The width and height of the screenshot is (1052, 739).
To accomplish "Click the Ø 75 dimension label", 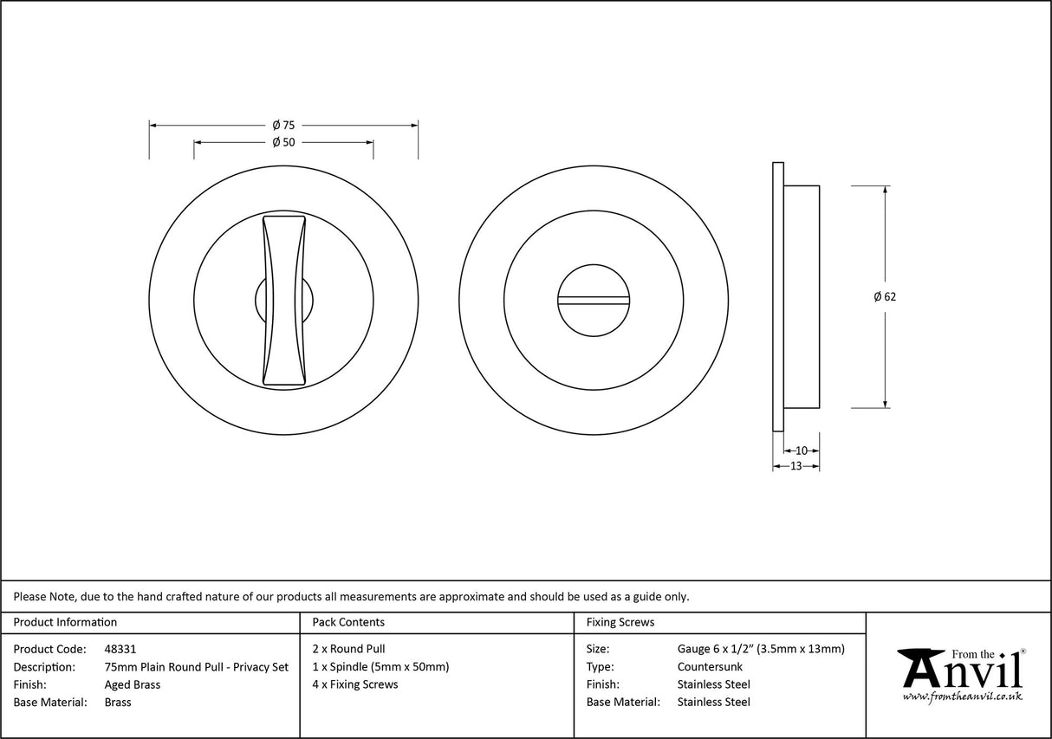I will point(283,125).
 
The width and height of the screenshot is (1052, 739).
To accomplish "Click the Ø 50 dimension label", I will point(283,142).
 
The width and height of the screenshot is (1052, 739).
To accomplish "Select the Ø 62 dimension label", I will point(885,296).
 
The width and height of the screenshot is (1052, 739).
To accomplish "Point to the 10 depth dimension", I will point(801,451).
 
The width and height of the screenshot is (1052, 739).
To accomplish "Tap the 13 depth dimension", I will point(795,466).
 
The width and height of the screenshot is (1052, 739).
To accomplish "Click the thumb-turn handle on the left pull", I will point(283,300).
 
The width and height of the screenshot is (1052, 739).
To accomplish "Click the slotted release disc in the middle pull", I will point(594,300).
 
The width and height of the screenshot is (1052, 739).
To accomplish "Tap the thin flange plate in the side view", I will point(777,295).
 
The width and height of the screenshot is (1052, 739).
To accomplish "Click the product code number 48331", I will point(120,649).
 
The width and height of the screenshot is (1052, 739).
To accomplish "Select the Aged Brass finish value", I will point(132,684).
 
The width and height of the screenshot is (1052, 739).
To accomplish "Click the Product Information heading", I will point(65,622).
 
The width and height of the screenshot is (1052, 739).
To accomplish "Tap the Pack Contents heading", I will point(347,622).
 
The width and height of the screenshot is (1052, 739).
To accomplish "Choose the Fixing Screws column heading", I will point(620,622).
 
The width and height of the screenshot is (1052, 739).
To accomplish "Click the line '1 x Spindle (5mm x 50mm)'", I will point(380,667).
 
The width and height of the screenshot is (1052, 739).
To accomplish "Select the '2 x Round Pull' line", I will point(348,649).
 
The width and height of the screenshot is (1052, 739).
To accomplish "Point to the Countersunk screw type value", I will point(710,667).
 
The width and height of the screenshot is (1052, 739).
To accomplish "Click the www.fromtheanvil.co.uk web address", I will point(962,697).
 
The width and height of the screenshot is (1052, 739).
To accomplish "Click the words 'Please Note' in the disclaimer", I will point(42,596).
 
